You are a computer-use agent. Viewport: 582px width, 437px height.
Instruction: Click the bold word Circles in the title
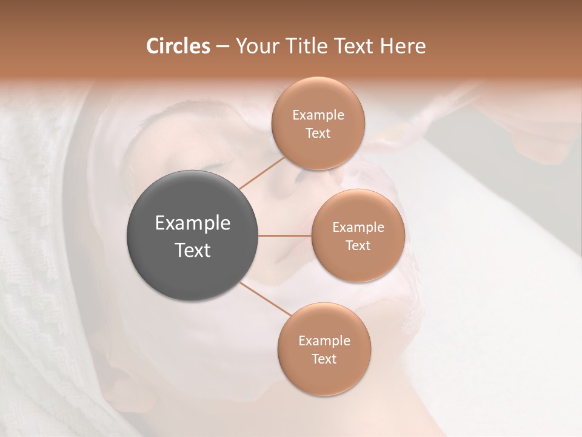[178, 46]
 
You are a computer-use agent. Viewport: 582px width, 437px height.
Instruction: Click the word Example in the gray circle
[193, 223]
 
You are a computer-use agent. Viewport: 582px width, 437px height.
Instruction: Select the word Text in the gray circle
[193, 250]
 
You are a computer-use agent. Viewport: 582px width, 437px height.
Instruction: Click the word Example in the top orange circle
[318, 115]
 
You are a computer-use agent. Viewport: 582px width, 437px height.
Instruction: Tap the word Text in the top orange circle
[318, 134]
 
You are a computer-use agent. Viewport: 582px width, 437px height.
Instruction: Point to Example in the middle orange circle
[358, 228]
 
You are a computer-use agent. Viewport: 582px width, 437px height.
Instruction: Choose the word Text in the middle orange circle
[358, 246]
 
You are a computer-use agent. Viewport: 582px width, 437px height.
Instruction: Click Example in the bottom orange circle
[324, 341]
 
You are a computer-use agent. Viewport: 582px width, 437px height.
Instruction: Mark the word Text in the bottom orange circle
[324, 359]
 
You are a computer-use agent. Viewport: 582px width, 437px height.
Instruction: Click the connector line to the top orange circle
[263, 173]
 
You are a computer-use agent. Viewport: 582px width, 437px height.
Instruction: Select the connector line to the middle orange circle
[285, 235]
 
